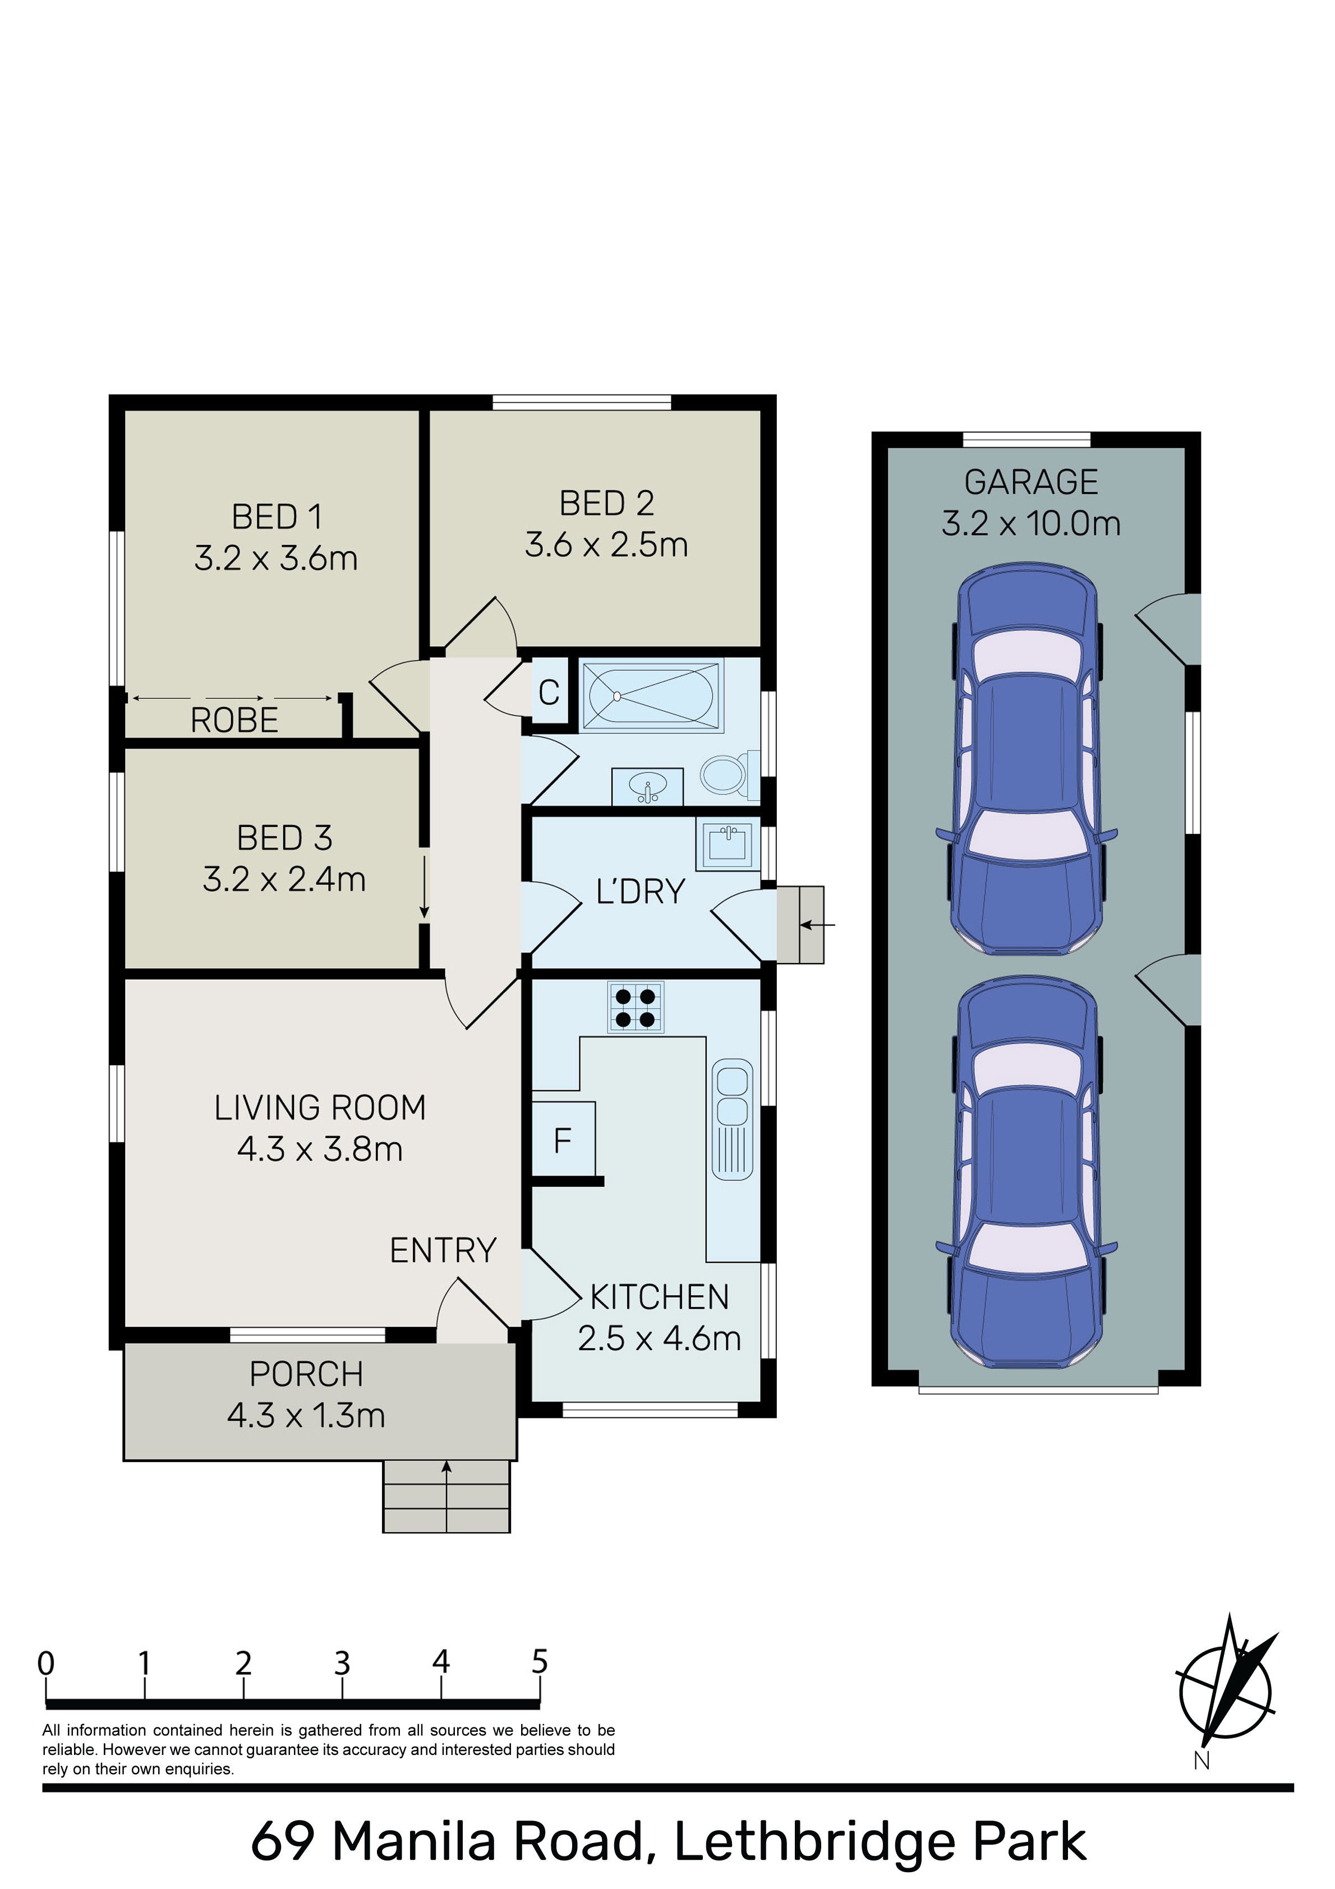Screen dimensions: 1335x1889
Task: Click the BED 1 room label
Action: pos(277,517)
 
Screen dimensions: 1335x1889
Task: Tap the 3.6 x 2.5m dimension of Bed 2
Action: pos(606,545)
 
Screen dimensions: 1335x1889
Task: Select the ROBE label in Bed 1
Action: pos(234,721)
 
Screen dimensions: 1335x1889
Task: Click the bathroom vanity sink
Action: pos(647,786)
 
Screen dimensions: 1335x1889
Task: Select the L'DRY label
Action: pos(641,892)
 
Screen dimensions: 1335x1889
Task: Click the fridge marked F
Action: pos(563,1140)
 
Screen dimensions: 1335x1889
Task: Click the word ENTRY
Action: pos(443,1251)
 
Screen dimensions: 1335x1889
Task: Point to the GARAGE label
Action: pos(1032,482)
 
